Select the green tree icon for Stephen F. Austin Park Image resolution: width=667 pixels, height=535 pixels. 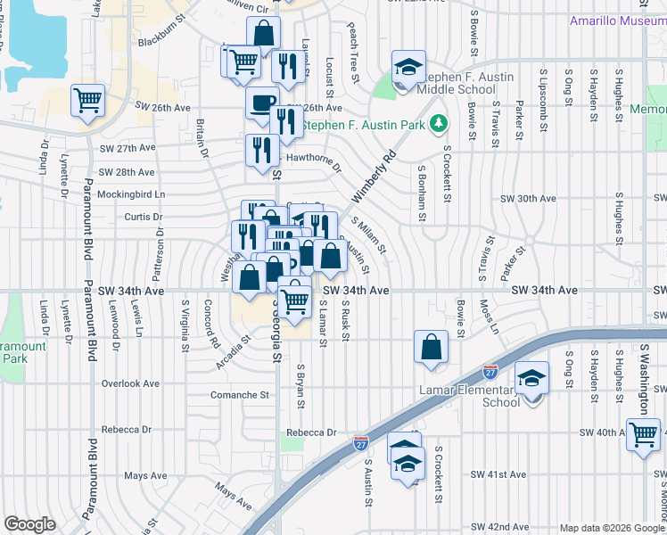tap(438, 124)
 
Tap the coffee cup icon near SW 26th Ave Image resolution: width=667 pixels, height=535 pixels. tap(262, 103)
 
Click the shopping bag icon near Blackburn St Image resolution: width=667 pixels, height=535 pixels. tap(264, 34)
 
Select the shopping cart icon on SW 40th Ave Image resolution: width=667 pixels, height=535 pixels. tap(643, 434)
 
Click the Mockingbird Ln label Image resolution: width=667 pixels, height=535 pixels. tap(132, 193)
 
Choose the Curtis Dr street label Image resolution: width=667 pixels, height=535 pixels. tap(144, 217)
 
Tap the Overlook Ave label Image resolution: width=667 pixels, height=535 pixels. tap(130, 383)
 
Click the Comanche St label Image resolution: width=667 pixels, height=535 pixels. tap(239, 394)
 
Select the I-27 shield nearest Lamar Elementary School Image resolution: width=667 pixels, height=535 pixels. tap(490, 369)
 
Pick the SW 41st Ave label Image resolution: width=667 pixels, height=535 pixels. tap(500, 474)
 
